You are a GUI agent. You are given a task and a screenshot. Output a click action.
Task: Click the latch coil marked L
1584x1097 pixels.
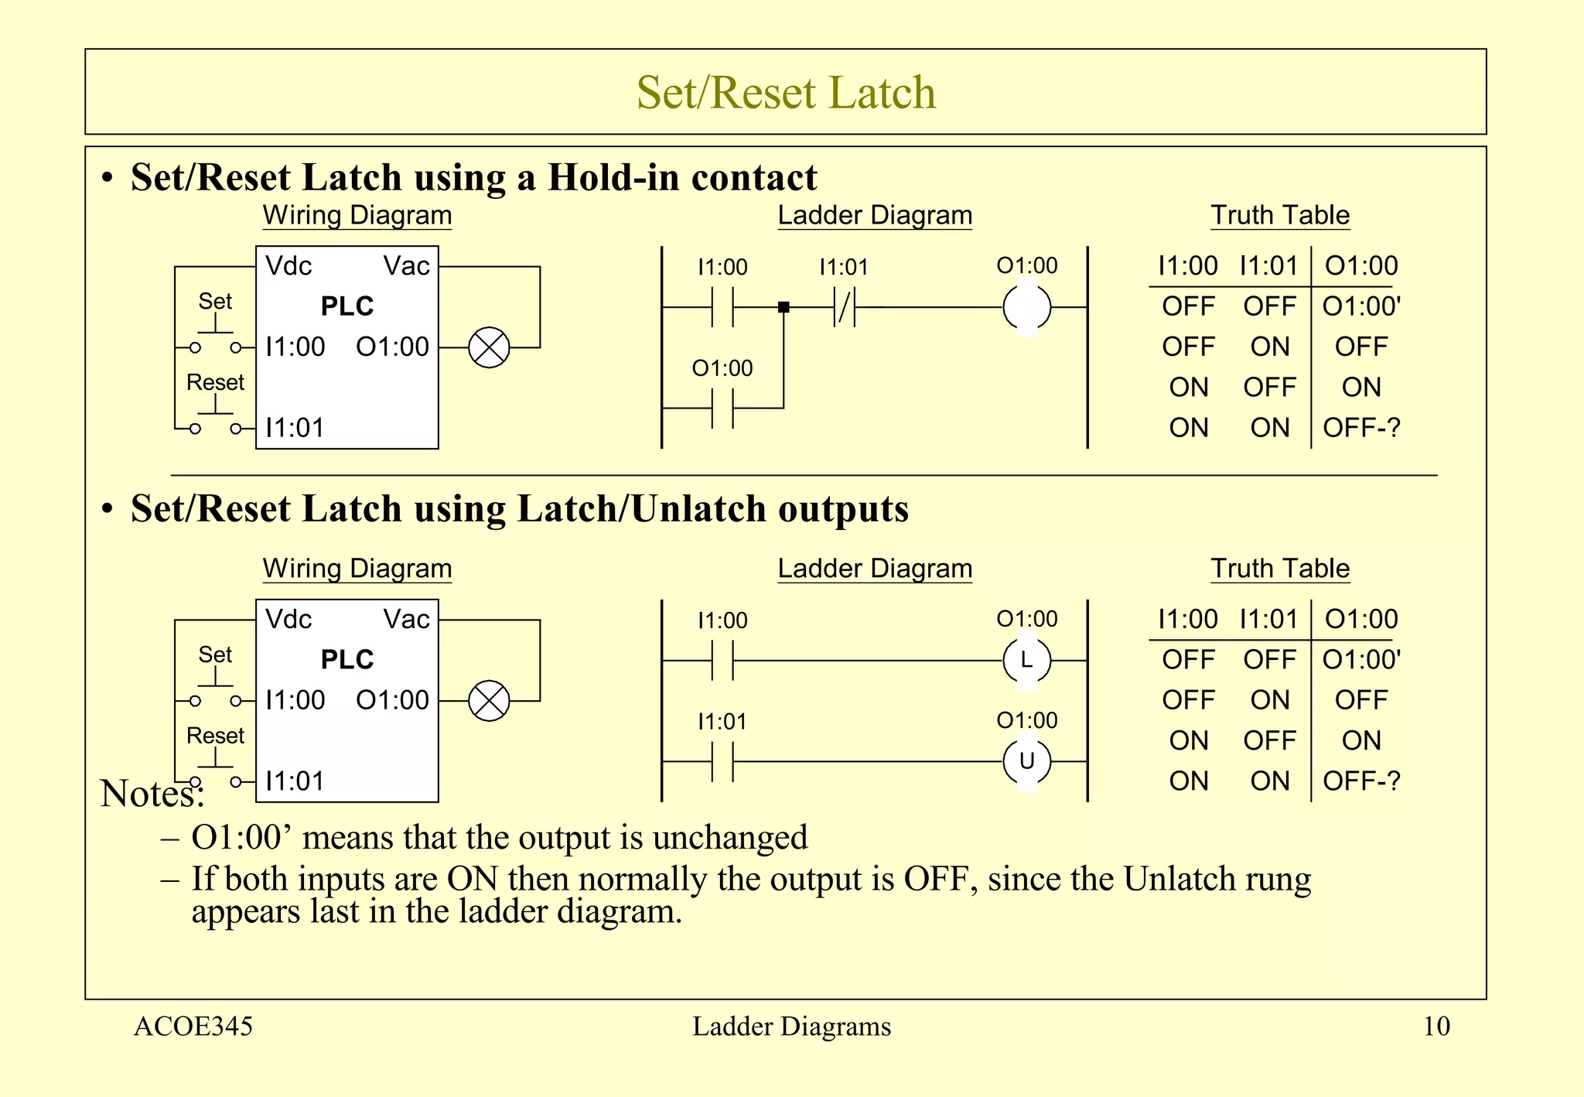click(x=1026, y=661)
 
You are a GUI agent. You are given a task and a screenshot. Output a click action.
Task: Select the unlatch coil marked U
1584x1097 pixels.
click(x=1026, y=761)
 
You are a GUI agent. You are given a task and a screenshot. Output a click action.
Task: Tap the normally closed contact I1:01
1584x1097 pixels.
click(x=845, y=307)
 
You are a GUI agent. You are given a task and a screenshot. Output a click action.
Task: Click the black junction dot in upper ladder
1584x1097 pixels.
click(x=783, y=307)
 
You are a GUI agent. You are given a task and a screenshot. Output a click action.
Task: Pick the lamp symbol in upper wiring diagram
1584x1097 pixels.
click(x=489, y=347)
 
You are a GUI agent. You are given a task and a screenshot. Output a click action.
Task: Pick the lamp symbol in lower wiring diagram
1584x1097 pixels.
click(x=489, y=701)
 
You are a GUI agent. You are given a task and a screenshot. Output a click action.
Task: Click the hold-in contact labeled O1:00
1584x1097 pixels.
click(x=722, y=408)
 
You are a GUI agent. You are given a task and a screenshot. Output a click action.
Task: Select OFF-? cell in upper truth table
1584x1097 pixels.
click(x=1361, y=427)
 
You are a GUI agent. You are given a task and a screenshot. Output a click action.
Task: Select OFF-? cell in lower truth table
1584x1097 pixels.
click(x=1361, y=781)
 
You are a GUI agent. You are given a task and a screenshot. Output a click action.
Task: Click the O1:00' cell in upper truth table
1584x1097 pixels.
click(x=1361, y=306)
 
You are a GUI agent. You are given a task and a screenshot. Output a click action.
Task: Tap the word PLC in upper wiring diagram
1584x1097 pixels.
click(x=347, y=306)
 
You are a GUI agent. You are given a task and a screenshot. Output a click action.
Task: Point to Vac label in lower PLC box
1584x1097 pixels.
click(x=406, y=619)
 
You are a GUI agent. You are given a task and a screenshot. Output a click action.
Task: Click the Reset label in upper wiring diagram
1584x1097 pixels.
click(x=215, y=382)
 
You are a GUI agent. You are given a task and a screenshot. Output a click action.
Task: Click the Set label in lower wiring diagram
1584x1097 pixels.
click(x=215, y=654)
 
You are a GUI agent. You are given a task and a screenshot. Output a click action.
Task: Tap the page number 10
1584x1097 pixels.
click(x=1436, y=1026)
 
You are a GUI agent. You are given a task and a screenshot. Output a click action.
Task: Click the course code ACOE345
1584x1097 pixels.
click(x=193, y=1026)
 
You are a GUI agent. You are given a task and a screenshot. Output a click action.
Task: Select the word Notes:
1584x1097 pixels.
click(x=152, y=794)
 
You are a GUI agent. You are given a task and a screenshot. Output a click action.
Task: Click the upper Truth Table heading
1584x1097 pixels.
click(x=1280, y=215)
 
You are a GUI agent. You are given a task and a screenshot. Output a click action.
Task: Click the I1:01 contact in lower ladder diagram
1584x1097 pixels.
click(x=722, y=761)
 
